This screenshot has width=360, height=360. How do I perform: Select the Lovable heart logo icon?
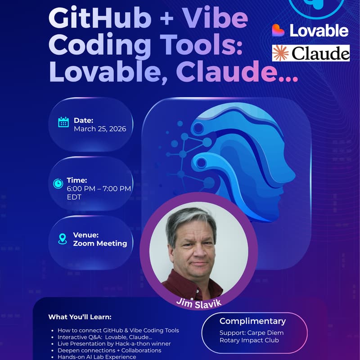pyautogui.click(x=279, y=30)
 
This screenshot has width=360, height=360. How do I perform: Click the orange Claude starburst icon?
pyautogui.click(x=281, y=53)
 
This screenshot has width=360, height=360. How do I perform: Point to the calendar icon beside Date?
pyautogui.click(x=63, y=122)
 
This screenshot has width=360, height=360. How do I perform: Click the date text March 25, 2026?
pyautogui.click(x=100, y=129)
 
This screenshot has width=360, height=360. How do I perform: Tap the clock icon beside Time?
pyautogui.click(x=58, y=184)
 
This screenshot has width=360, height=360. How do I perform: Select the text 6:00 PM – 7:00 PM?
pyautogui.click(x=99, y=189)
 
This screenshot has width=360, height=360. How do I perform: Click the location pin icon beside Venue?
pyautogui.click(x=63, y=239)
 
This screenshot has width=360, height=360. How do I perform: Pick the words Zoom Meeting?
pyautogui.click(x=100, y=243)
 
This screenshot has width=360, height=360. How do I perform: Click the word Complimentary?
pyautogui.click(x=252, y=321)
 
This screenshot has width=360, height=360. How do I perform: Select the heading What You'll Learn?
pyautogui.click(x=80, y=317)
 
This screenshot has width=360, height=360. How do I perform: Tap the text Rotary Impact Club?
pyautogui.click(x=249, y=340)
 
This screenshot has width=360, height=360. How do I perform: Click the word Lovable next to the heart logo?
pyautogui.click(x=319, y=31)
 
